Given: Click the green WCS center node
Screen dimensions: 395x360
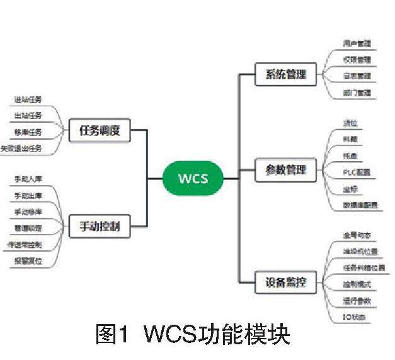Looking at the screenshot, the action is [x=192, y=179].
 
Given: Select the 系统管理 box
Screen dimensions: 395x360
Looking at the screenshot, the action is [x=281, y=75].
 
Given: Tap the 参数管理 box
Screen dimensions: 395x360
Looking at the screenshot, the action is [x=281, y=170].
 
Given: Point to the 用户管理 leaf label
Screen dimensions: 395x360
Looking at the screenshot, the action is [x=357, y=44].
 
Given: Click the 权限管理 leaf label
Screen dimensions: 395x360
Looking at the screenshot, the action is [x=357, y=60].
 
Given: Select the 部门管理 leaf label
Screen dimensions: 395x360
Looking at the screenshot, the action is [x=357, y=93].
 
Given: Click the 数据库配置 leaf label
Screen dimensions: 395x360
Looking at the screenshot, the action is [x=361, y=205].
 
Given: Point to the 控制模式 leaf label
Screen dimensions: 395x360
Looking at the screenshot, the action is [x=357, y=284].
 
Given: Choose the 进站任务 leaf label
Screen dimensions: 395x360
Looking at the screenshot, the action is [x=28, y=99].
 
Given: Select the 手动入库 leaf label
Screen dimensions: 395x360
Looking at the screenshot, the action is [x=28, y=179].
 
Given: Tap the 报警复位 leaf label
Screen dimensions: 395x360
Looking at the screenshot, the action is [x=28, y=261].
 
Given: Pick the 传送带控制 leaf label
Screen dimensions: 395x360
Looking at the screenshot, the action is [x=26, y=244].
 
